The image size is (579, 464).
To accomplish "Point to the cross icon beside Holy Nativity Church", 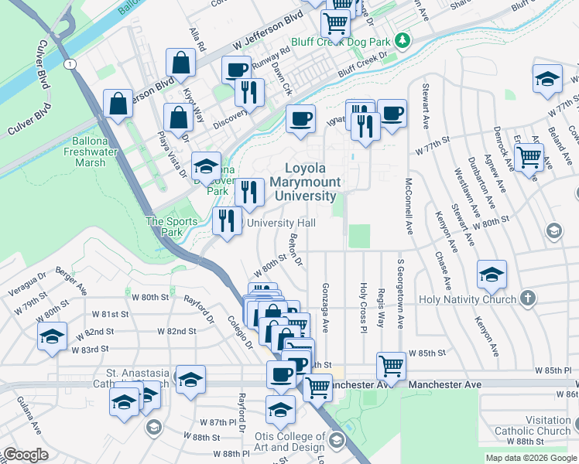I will [x=528, y=298].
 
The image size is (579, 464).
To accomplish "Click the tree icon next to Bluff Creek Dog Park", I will [x=401, y=39].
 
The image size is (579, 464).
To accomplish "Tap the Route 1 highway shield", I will [x=70, y=64].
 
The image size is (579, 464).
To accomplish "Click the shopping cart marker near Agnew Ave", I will [x=529, y=157].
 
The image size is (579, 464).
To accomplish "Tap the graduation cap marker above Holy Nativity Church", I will [x=492, y=273].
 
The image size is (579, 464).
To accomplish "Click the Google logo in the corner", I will [x=26, y=455].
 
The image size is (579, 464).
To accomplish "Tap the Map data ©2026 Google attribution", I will [x=531, y=458].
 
